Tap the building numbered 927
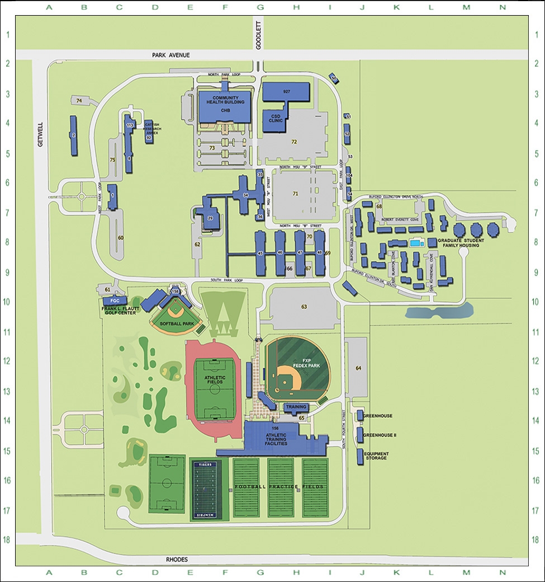coord(286,91)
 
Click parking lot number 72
coord(293,142)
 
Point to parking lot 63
coord(304,307)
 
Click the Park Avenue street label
coord(171,55)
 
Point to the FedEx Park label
coord(306,362)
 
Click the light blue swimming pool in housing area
coord(415,243)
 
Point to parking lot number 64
coord(358,368)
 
